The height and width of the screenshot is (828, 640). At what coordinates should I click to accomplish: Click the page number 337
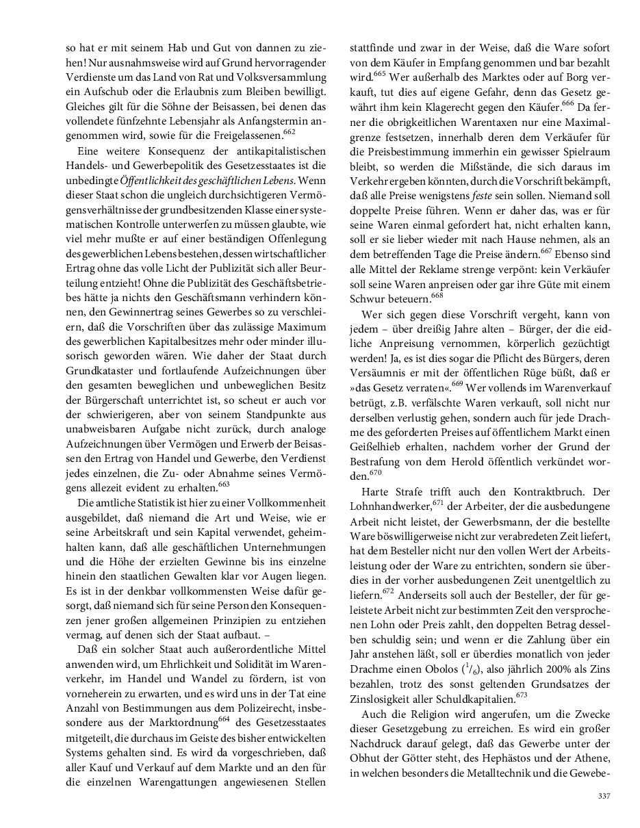point(603,796)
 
